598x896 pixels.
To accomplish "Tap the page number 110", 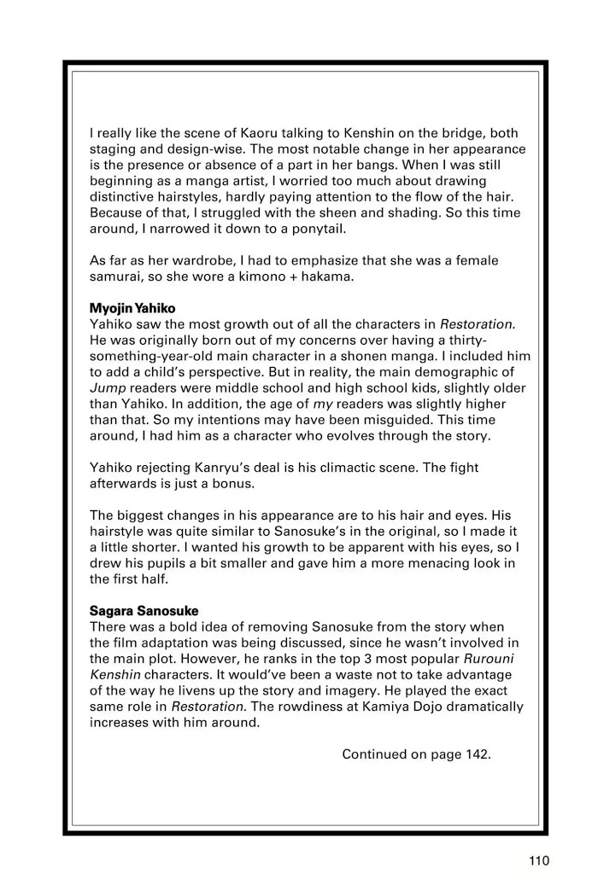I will (x=538, y=860).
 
